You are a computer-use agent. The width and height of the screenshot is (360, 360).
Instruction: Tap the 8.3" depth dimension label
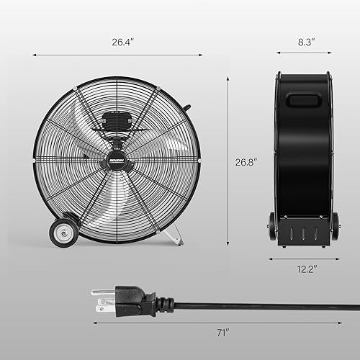pos(302,42)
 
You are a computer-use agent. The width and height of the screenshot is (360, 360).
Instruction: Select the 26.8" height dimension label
pos(246,162)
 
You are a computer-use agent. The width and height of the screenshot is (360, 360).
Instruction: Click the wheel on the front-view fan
pos(64,233)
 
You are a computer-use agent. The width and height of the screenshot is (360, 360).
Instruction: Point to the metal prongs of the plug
pos(99,297)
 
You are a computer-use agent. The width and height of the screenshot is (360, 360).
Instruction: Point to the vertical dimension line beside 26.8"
pos(228,162)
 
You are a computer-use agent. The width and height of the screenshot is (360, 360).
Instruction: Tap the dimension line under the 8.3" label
pos(302,54)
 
